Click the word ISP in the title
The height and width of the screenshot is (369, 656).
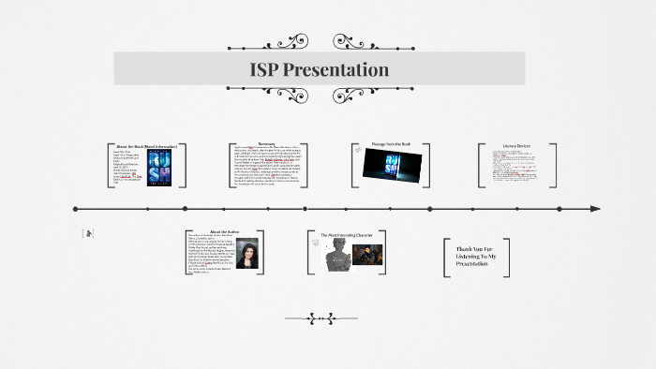pos(265,70)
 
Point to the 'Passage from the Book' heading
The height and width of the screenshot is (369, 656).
pos(391,143)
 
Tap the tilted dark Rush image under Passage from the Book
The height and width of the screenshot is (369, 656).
pos(391,164)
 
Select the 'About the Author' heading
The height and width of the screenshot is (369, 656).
pos(226,230)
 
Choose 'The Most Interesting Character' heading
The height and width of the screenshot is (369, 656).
pos(349,234)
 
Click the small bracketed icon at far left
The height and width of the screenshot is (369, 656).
pos(88,233)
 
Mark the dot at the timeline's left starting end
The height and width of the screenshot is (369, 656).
pos(76,209)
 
